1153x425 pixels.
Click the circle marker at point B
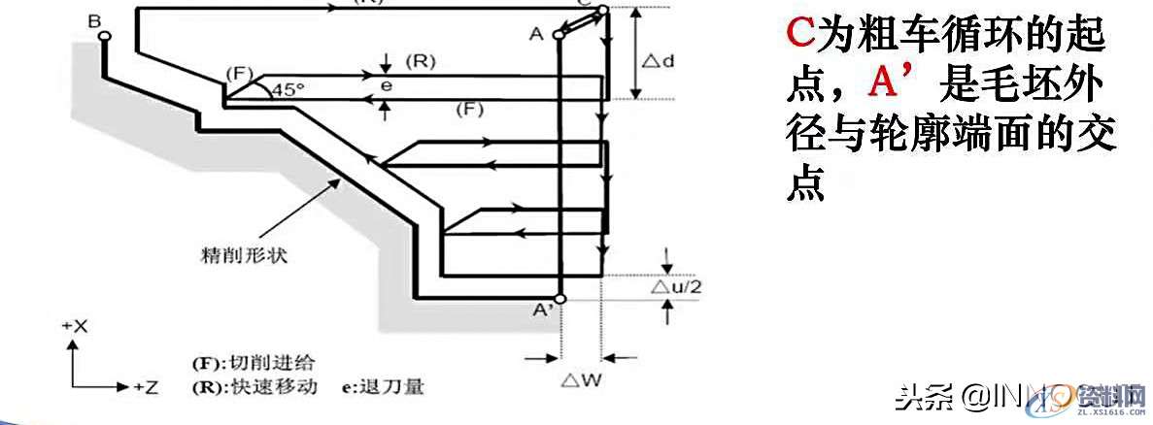click(104, 37)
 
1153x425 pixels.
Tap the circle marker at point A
click(559, 36)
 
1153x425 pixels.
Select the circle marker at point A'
click(560, 298)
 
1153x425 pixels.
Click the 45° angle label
click(288, 88)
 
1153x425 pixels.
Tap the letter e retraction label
click(386, 86)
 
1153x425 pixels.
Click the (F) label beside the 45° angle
click(239, 73)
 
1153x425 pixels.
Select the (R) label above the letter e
click(421, 61)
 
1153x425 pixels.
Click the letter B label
click(93, 19)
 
